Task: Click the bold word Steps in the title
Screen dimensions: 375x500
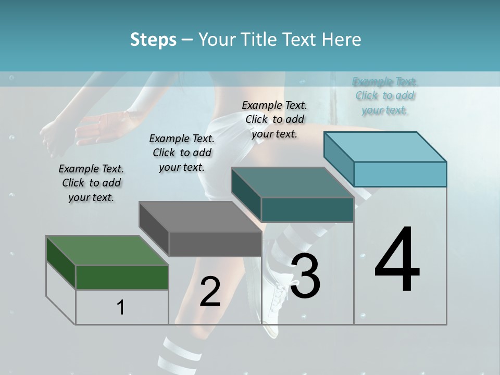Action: [x=153, y=40]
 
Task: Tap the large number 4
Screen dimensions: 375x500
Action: [x=397, y=260]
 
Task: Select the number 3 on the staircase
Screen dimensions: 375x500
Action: [x=305, y=276]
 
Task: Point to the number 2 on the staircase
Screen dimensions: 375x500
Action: [x=210, y=292]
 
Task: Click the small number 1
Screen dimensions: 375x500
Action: [x=121, y=307]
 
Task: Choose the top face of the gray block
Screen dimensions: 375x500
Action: [x=200, y=217]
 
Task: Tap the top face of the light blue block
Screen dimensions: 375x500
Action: [x=385, y=146]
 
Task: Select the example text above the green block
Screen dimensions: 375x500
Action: [x=91, y=183]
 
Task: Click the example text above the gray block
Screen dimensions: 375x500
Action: [x=182, y=153]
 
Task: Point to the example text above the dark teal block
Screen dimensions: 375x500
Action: [x=274, y=119]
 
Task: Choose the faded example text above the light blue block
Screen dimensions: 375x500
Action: [x=385, y=96]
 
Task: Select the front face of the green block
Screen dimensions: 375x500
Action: [x=122, y=277]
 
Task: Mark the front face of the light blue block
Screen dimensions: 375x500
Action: [x=400, y=174]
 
